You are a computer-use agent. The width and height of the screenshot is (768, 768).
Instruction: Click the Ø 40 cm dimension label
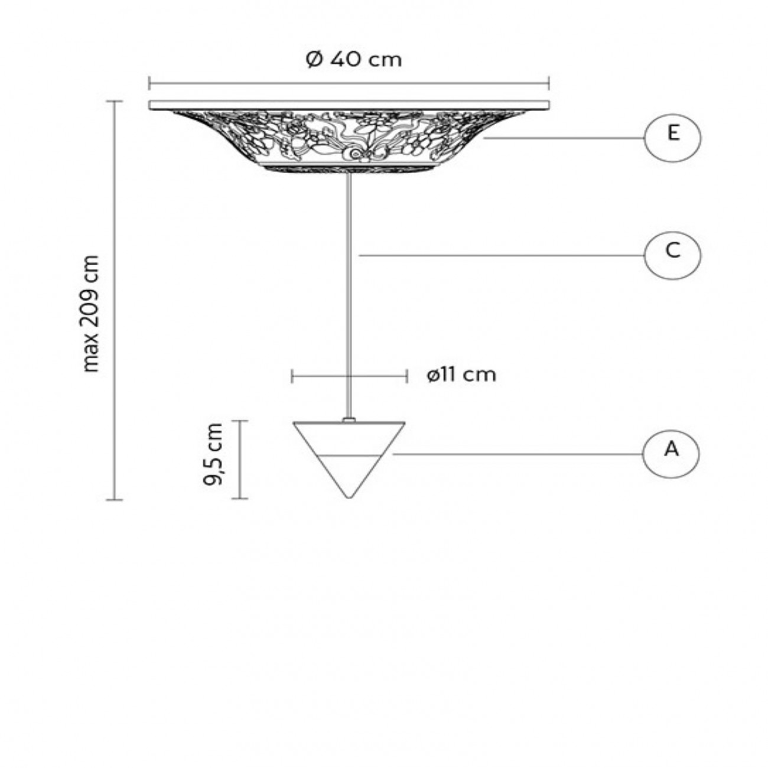(x=354, y=59)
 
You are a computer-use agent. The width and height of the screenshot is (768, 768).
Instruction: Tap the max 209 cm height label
(x=91, y=313)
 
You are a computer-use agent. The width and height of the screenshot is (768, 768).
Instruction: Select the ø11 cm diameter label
(x=462, y=375)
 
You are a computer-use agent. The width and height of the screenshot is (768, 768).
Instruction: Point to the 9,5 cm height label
(x=213, y=454)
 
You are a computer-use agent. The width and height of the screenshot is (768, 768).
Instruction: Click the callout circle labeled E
(x=672, y=138)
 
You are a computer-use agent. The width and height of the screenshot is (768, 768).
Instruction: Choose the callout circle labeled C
(x=672, y=255)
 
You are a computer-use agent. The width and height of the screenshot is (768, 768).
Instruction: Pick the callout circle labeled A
(x=671, y=454)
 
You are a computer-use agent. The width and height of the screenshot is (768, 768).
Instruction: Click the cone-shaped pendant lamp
(x=349, y=449)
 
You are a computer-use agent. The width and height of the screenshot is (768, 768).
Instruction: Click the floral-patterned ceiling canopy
(x=349, y=139)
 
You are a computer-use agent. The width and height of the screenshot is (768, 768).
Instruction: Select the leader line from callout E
(x=561, y=138)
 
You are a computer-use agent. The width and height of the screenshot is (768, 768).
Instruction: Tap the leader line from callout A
(x=514, y=454)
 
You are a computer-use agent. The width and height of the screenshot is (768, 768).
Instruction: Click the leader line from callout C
(x=502, y=255)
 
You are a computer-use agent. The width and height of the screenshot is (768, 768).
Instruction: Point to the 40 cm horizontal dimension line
(x=349, y=83)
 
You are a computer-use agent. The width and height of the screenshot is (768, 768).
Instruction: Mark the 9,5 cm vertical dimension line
(x=239, y=460)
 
